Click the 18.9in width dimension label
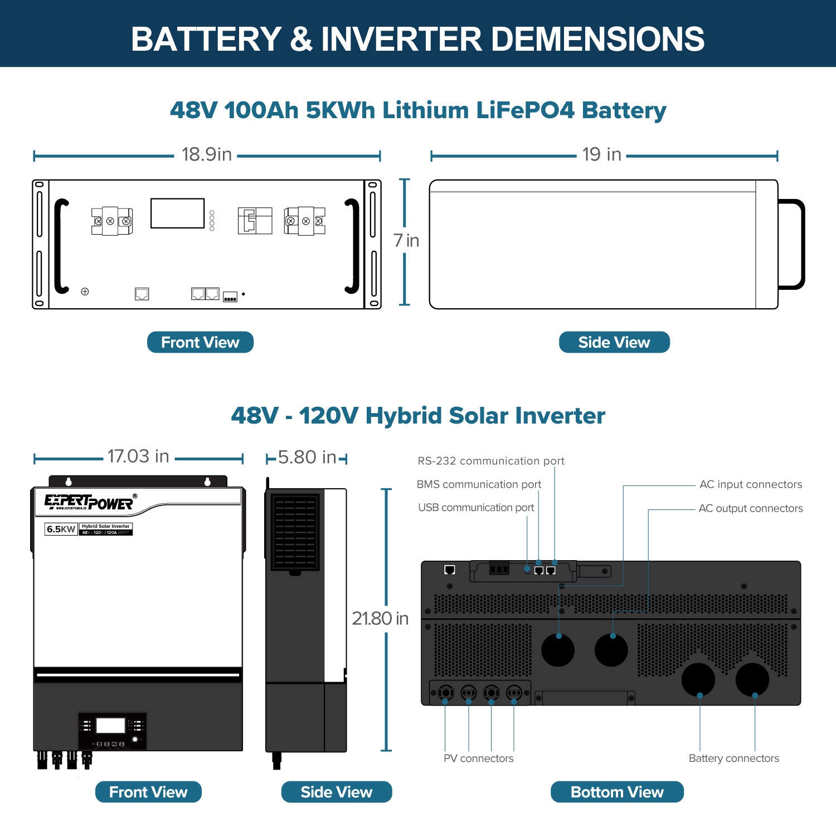pos(206,154)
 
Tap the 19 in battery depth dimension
pos(601,154)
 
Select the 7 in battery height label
pos(406,241)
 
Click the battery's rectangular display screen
pos(177,213)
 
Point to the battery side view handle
pos(792,244)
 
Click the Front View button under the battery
pos(200,342)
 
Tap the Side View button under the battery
pos(614,342)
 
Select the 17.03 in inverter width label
pos(138,456)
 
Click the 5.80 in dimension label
pos(307,458)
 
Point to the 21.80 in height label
pos(380,619)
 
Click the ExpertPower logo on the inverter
pos(90,502)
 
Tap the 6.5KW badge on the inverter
pos(61,529)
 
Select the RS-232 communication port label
pos(490,461)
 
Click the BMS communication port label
pos(479,484)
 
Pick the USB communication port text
pos(476,508)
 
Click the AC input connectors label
pos(751,484)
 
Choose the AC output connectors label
pos(751,508)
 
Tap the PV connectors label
pos(478,759)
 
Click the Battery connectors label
pos(733,759)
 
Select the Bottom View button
pos(617,792)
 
